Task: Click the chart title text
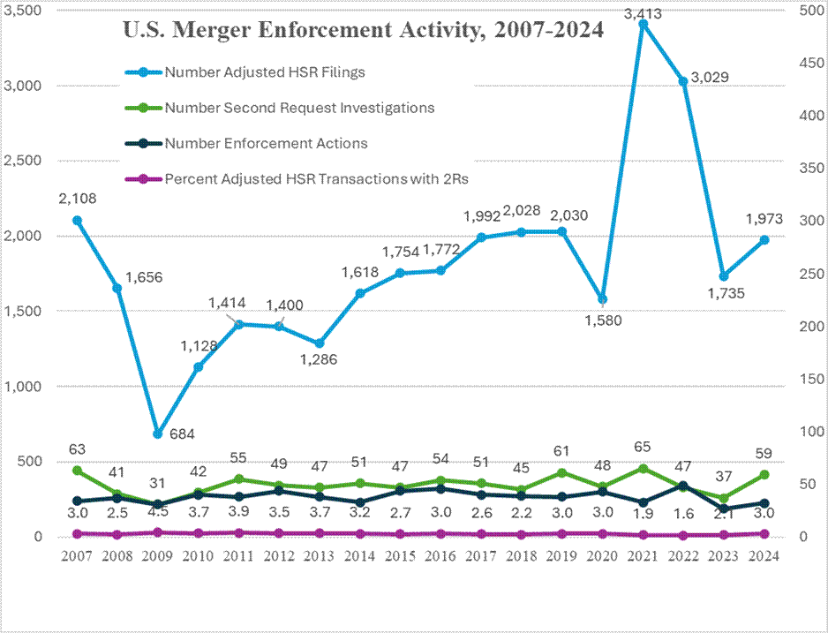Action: (362, 31)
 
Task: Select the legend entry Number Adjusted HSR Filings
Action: (265, 72)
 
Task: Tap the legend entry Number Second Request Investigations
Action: (299, 108)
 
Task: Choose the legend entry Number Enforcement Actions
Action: (266, 143)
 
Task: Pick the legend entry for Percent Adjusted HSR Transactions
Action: (316, 178)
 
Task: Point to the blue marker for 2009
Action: (157, 433)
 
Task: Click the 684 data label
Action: (183, 433)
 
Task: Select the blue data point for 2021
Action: (643, 24)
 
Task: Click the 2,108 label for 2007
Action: (78, 200)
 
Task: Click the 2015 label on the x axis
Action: (401, 556)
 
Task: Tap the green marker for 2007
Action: (77, 471)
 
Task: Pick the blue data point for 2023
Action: (724, 276)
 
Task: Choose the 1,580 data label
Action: (603, 320)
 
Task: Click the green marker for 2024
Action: (764, 475)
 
